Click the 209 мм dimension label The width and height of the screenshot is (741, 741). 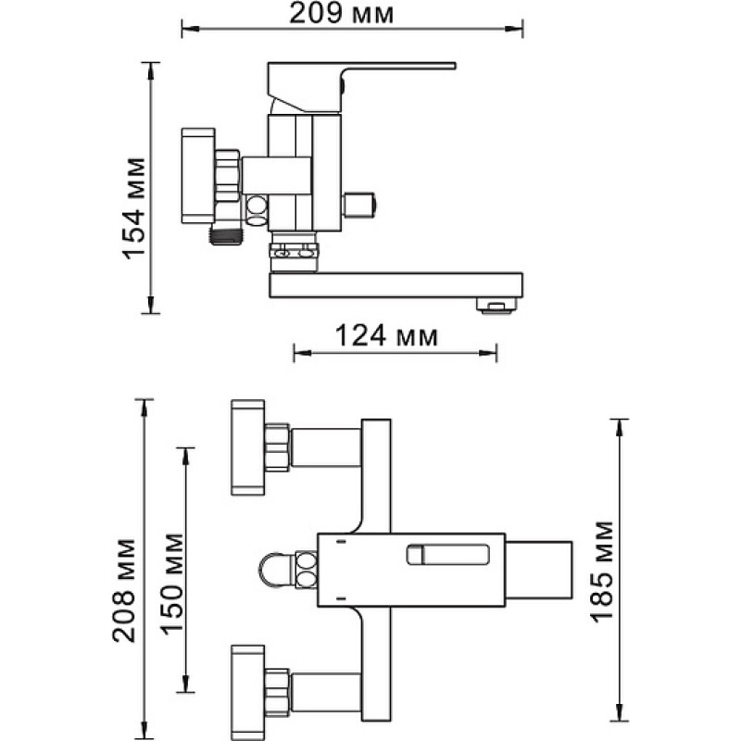(x=341, y=13)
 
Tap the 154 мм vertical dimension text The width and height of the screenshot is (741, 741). (x=133, y=207)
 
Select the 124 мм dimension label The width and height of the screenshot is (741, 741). (x=386, y=335)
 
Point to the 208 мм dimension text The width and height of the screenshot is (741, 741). (x=124, y=590)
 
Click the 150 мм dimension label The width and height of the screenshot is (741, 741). (x=171, y=584)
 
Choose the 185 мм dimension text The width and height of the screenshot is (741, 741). (x=602, y=571)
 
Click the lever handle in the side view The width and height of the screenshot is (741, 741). (x=361, y=87)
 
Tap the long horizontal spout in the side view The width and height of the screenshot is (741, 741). (x=396, y=285)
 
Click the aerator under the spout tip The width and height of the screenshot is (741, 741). (x=496, y=306)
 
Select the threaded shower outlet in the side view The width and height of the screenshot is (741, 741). (x=224, y=234)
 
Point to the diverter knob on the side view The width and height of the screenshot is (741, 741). (x=359, y=205)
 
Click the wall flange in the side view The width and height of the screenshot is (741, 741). (x=198, y=175)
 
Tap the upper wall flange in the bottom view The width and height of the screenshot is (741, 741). (x=248, y=447)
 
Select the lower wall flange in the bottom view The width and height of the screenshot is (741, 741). (x=248, y=692)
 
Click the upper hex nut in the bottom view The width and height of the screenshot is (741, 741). (x=277, y=447)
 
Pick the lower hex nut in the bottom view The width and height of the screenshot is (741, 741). (x=277, y=692)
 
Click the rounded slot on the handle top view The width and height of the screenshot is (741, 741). (x=448, y=554)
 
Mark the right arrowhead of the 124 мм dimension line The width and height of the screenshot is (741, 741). (x=488, y=353)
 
